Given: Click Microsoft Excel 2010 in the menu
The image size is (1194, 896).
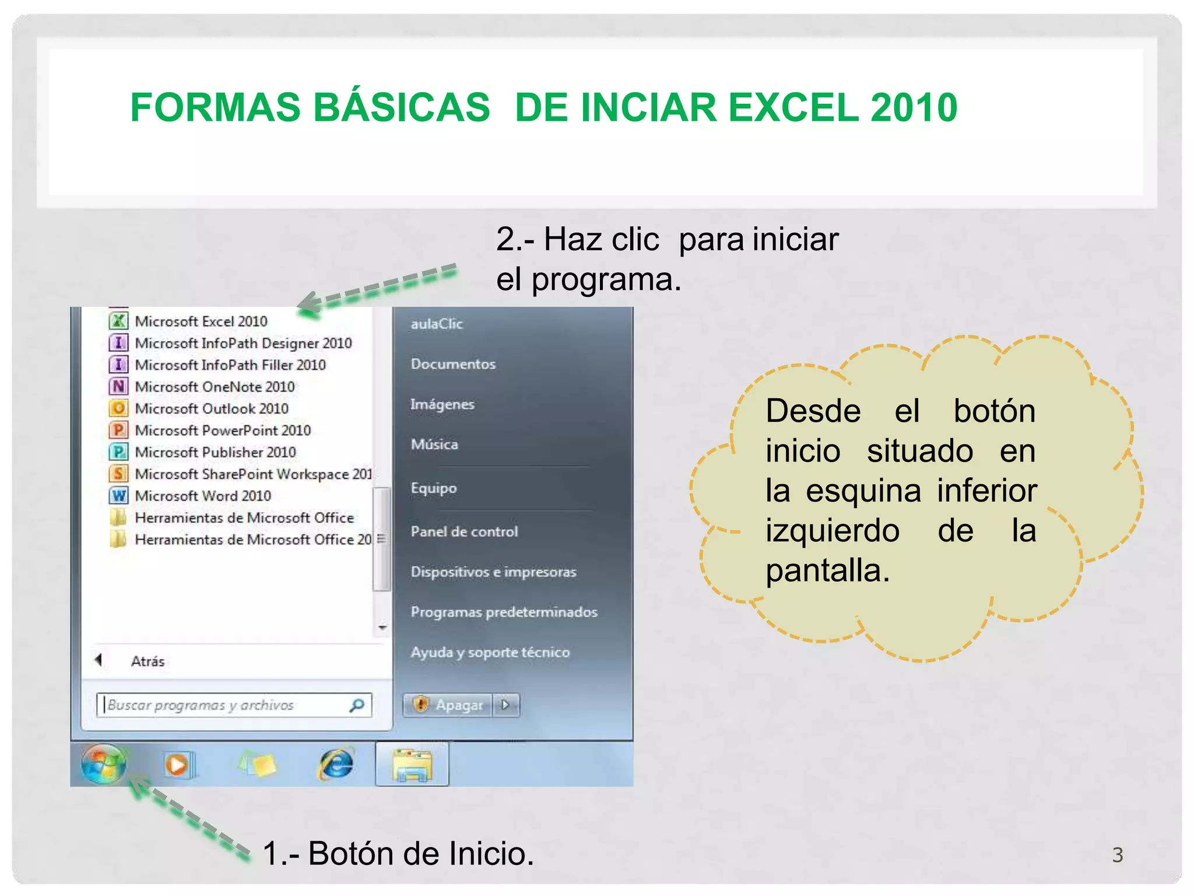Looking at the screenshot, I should (201, 321).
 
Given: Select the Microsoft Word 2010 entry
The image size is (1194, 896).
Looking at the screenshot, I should (202, 496).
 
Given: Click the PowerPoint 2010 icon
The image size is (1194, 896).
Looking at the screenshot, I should (118, 430).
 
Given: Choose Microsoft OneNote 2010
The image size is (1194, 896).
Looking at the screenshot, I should (214, 387).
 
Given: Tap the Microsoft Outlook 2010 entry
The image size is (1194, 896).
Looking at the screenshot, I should (211, 408).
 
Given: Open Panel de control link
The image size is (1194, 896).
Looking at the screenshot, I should (464, 531).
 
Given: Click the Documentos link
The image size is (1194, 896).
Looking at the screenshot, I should (453, 364).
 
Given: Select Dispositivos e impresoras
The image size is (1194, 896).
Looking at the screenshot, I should (493, 572).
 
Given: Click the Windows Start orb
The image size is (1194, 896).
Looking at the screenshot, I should (104, 764).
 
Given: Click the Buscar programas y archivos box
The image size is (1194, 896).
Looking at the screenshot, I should (224, 705).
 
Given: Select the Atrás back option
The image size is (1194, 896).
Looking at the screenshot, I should (147, 661).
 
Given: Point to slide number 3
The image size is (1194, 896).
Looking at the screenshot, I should (1117, 855).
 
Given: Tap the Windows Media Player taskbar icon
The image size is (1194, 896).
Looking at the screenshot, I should (177, 764).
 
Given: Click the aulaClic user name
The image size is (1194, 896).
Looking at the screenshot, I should (437, 324).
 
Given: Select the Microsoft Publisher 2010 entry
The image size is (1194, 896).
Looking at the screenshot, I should (215, 452).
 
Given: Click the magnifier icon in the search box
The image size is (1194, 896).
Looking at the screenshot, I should (357, 705).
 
